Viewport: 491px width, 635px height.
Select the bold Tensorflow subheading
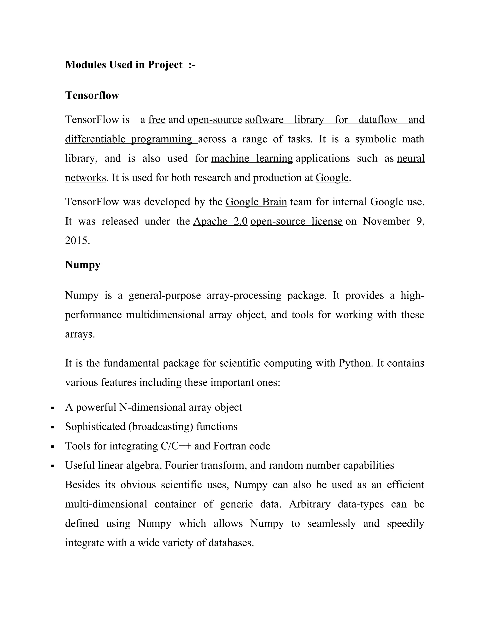point(92,95)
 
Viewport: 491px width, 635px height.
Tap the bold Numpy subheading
point(83,265)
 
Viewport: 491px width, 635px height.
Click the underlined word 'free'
point(157,120)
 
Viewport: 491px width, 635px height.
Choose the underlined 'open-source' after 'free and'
point(215,120)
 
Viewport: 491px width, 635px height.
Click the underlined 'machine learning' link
point(252,158)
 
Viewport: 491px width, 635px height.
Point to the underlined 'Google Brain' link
point(256,202)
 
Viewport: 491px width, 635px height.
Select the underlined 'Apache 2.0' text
point(220,221)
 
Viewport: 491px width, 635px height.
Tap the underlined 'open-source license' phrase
point(296,221)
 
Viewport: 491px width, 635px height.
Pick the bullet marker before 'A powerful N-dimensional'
point(53,408)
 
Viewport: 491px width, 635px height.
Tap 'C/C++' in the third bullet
point(176,446)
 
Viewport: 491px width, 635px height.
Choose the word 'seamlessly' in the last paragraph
point(332,523)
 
